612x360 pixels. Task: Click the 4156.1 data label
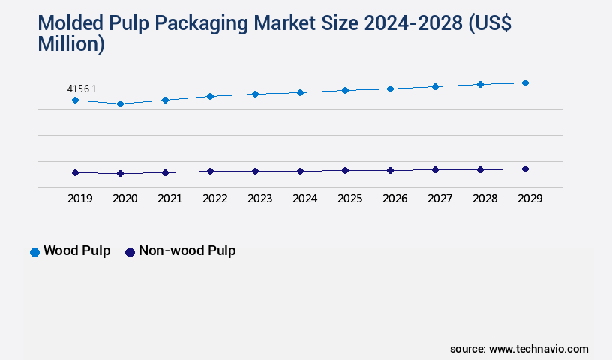81,88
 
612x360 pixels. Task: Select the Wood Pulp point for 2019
75,100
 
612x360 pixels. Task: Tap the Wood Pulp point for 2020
120,103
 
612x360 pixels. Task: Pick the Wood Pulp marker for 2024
300,92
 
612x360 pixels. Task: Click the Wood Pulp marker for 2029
525,82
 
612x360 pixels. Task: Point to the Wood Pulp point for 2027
435,86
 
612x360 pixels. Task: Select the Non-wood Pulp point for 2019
75,172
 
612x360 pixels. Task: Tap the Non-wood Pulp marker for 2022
210,171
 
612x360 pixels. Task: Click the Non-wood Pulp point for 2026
390,170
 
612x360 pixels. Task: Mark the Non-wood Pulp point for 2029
525,169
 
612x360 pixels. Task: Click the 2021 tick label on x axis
169,199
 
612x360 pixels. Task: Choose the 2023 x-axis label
259,199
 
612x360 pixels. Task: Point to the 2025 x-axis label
349,199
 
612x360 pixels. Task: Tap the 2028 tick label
484,199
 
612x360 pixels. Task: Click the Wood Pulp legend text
76,250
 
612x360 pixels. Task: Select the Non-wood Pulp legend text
187,250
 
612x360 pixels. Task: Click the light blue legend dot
34,252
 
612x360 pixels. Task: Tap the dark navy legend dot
130,252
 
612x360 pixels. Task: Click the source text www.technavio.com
538,349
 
